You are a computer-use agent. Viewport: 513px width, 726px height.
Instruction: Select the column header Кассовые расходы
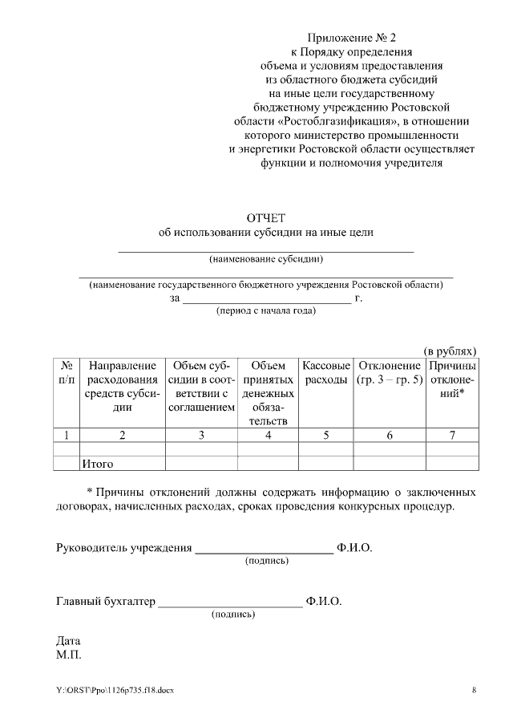click(325, 372)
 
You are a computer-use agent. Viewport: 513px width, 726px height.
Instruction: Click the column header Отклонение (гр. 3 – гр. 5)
click(390, 372)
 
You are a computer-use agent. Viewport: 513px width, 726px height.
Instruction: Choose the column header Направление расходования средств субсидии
click(122, 386)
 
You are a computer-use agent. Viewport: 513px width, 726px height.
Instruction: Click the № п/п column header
click(67, 372)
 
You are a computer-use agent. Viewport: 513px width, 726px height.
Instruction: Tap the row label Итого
click(97, 464)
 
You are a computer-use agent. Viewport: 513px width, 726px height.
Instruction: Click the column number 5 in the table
click(325, 435)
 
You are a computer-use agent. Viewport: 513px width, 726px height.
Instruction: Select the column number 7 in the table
click(452, 435)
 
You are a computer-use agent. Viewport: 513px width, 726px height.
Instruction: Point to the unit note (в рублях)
click(450, 351)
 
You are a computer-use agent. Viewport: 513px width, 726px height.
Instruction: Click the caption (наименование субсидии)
click(266, 259)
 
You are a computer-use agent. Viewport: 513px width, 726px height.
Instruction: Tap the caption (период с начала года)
click(266, 311)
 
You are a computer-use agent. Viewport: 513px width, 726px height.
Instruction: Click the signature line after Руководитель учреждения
click(265, 549)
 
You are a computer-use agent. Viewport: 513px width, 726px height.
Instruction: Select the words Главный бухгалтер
click(104, 601)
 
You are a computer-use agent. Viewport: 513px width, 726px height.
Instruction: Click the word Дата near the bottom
click(68, 641)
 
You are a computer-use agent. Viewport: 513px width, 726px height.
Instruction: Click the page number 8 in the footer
click(474, 691)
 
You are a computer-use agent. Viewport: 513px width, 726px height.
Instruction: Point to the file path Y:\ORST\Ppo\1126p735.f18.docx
click(115, 691)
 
